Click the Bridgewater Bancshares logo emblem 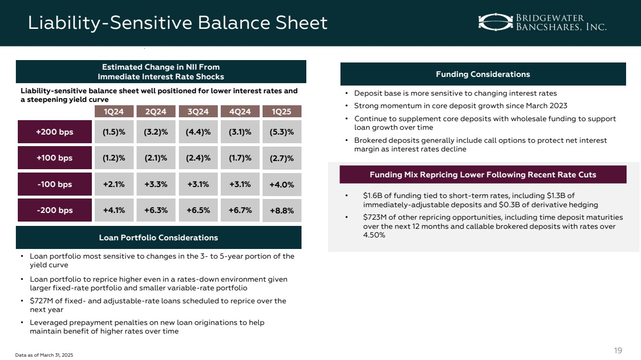coord(495,22)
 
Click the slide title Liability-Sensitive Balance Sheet coord(177,23)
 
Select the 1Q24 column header coord(114,112)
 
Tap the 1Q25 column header coord(282,112)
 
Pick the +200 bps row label coord(55,132)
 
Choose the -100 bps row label coord(55,185)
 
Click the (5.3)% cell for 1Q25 coord(282,132)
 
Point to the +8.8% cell coord(282,211)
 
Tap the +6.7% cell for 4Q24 coord(240,210)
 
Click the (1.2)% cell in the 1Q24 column coord(114,158)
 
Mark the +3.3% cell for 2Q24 coord(156,184)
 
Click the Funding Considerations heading coord(483,74)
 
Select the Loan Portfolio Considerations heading coord(158,237)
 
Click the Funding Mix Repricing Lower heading coord(483,174)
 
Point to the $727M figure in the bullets coord(40,301)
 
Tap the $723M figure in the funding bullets coord(374,217)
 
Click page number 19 coord(618,350)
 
